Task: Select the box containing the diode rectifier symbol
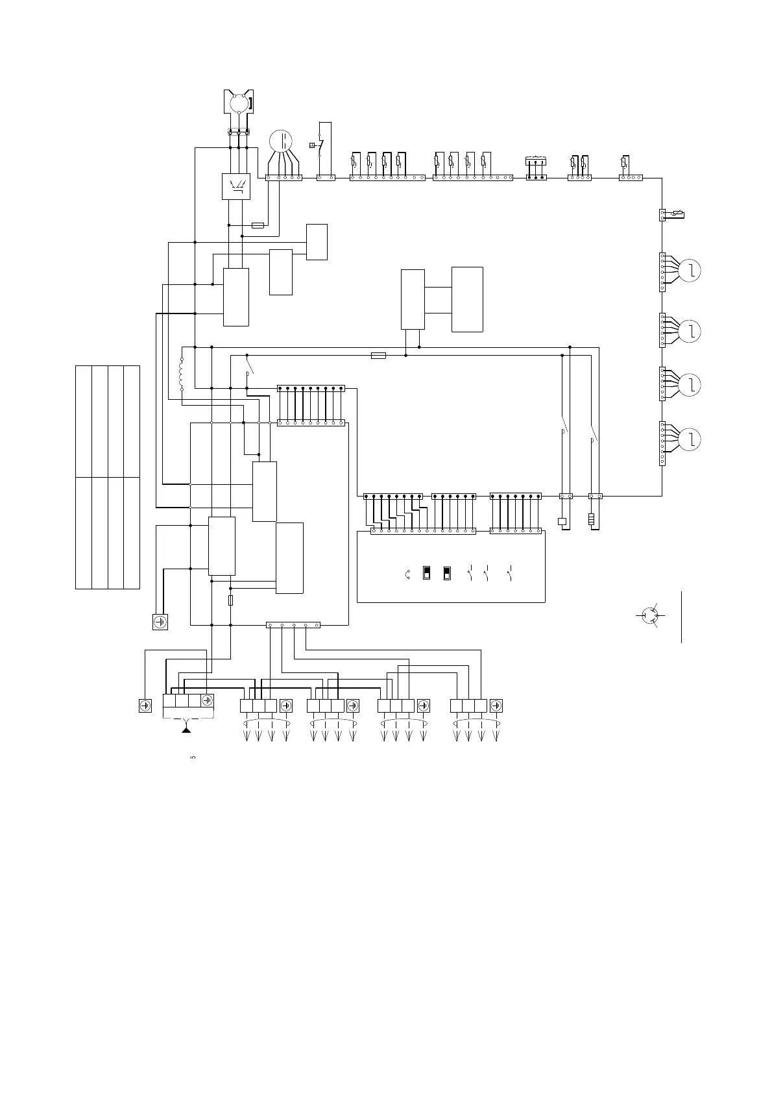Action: point(236,186)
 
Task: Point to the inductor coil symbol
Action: point(182,375)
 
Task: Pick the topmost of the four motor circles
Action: point(692,271)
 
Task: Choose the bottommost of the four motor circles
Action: point(692,439)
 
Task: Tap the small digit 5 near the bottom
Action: point(193,757)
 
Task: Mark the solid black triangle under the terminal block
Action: point(187,730)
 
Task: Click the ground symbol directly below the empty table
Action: point(160,622)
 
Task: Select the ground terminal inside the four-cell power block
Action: point(207,700)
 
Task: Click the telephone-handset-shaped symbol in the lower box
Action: point(407,574)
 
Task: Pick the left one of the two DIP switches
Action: point(426,572)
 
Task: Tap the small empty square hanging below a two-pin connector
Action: point(562,521)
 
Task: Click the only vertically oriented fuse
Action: point(231,601)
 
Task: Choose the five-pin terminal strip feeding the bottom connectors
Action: point(293,625)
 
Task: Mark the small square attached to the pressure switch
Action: point(313,145)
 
